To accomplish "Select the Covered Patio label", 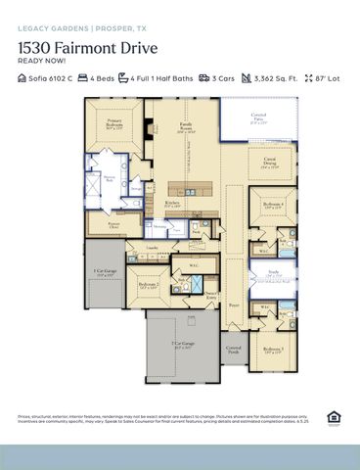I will pos(258,121).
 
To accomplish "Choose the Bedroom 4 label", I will pos(274,206).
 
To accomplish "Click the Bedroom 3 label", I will pos(273,350).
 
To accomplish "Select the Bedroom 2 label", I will pos(149,287).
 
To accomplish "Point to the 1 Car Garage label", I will pos(106,273).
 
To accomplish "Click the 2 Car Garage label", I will pos(182,347).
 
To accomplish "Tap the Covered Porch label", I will pos(234,349).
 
